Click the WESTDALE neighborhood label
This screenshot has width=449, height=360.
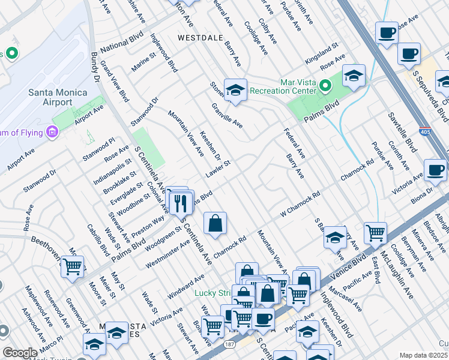tap(201, 37)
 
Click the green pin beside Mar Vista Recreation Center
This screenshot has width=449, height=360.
tap(325, 86)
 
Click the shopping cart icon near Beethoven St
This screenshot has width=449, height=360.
tap(72, 266)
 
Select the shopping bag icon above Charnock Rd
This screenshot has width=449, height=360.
tap(215, 224)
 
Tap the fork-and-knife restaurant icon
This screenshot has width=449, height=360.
tap(181, 203)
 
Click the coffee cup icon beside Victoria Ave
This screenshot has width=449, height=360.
tap(435, 170)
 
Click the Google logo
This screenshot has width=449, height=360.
tap(20, 353)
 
